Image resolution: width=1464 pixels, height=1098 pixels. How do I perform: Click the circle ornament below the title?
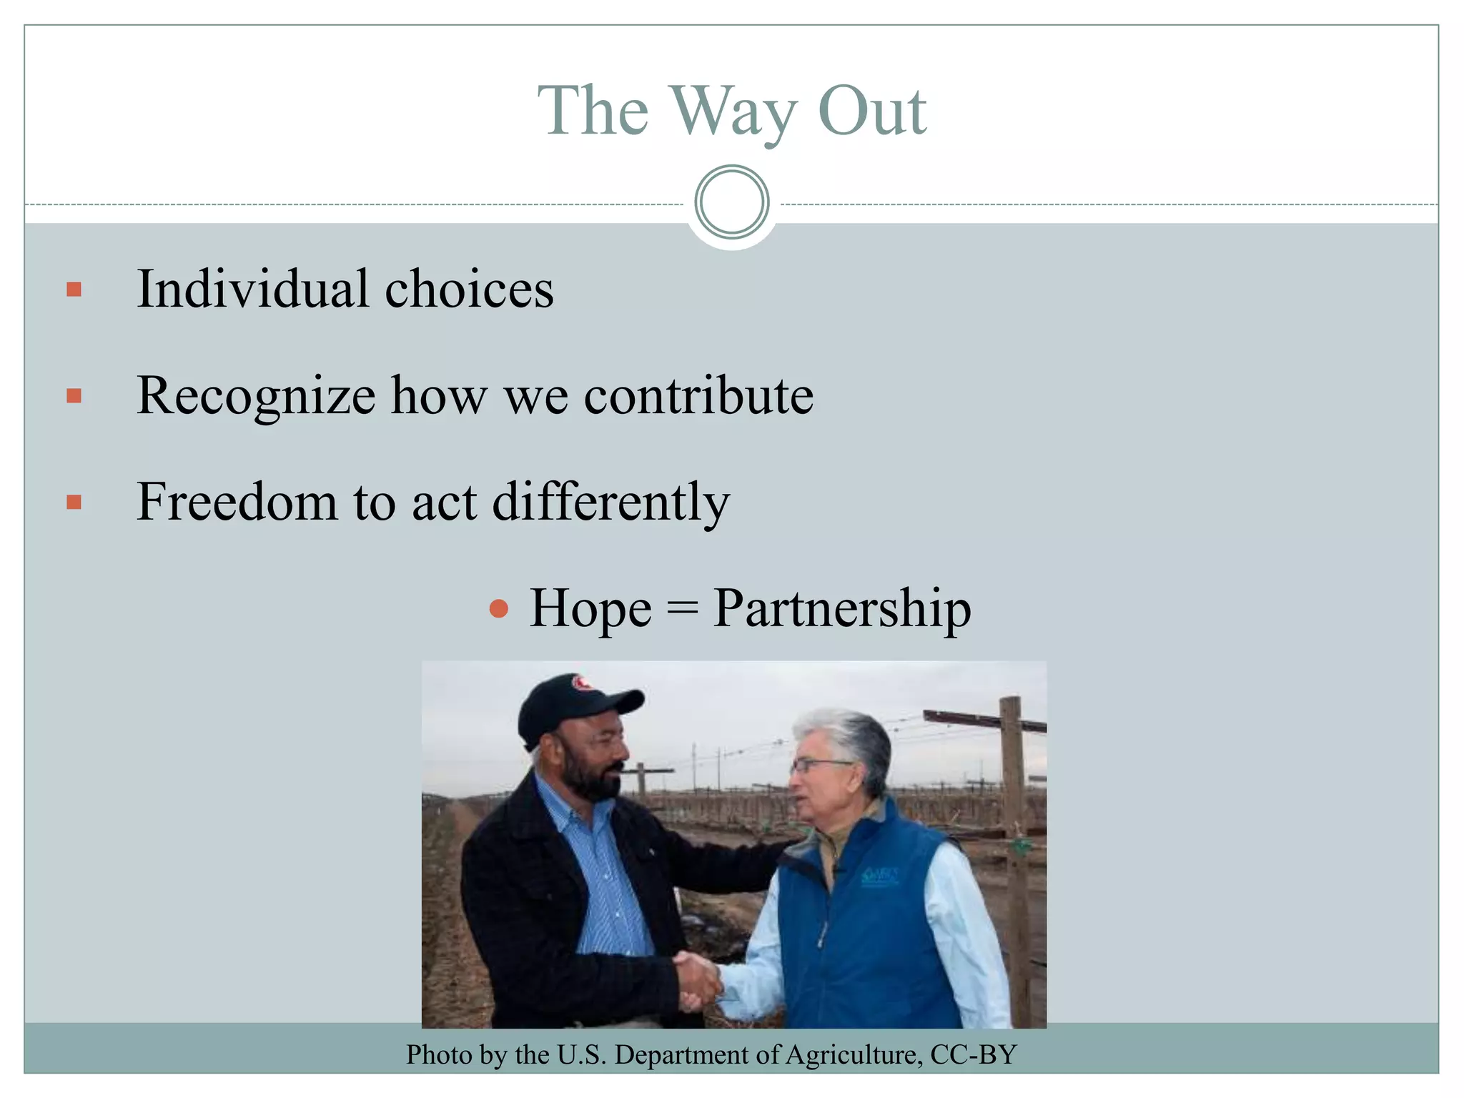click(x=731, y=202)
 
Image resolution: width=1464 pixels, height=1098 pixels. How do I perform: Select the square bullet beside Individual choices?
click(x=74, y=290)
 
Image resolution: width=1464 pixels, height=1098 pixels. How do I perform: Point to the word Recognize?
click(x=255, y=396)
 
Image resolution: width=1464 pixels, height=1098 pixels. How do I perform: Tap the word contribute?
click(x=698, y=396)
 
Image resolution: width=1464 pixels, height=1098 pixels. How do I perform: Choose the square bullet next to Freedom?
click(x=74, y=503)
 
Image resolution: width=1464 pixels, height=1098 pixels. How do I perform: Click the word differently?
click(x=611, y=503)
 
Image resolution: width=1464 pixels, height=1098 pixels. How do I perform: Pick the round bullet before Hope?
click(x=498, y=609)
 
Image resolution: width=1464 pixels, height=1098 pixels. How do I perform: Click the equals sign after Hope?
click(x=682, y=609)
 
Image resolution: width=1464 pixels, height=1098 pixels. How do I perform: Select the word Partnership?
click(x=842, y=609)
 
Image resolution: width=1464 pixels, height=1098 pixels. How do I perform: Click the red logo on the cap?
click(x=583, y=684)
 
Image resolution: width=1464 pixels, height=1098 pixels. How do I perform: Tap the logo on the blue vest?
click(x=879, y=876)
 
